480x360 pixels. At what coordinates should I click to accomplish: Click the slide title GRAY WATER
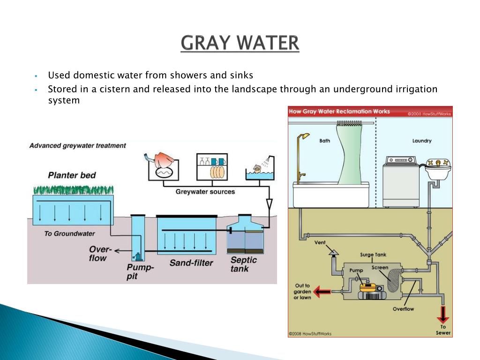(240, 43)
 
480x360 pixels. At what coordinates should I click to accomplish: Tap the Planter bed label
(72, 175)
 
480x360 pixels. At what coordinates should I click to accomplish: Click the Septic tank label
(244, 264)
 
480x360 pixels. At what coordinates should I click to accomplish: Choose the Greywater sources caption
(205, 192)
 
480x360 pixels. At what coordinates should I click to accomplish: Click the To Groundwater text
(69, 233)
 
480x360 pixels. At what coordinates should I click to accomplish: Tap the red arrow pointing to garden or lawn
(322, 292)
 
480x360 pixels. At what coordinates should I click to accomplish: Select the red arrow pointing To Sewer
(442, 313)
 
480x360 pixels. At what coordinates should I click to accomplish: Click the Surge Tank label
(373, 255)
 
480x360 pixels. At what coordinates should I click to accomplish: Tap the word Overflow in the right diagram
(403, 309)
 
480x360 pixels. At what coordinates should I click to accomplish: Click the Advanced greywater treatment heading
(78, 145)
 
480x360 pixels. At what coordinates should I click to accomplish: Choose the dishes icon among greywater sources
(212, 166)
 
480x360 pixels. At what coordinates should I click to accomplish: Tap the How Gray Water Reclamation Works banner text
(339, 112)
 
